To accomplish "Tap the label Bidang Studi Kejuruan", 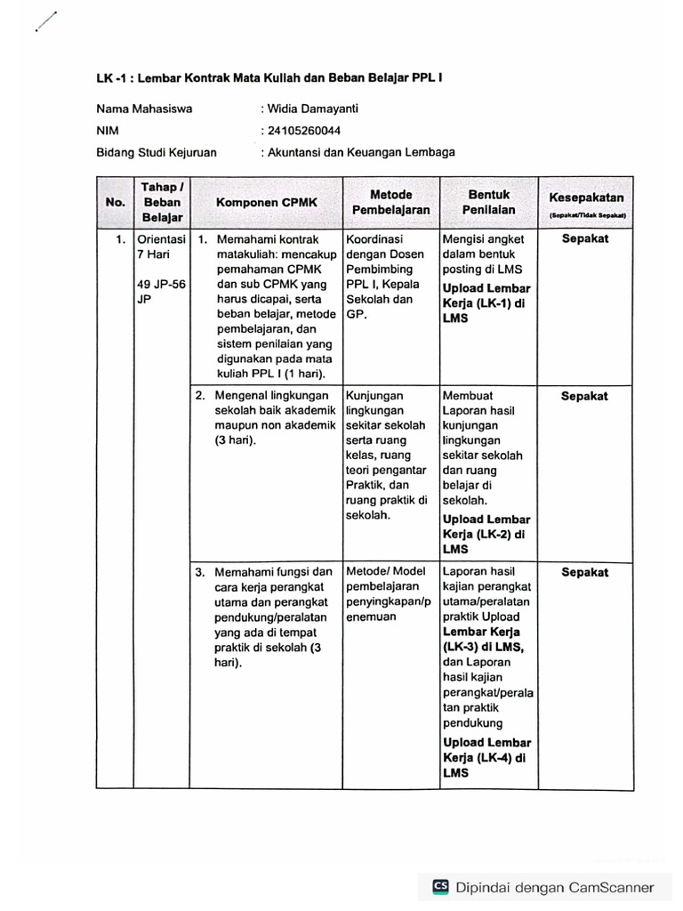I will click(x=157, y=152).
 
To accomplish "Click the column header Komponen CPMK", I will click(x=266, y=203).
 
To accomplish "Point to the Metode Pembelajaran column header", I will click(x=390, y=202).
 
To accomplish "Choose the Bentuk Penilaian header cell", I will click(x=488, y=202).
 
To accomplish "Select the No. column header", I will click(x=115, y=202).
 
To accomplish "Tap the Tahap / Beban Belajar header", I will click(x=161, y=201).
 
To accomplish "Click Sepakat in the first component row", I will click(x=585, y=239).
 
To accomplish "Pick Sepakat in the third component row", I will click(x=585, y=572).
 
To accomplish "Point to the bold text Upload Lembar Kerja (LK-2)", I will click(x=486, y=534).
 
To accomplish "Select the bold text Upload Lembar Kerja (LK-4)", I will click(x=486, y=757).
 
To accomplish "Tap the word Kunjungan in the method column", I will click(x=374, y=395).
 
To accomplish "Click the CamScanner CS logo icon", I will click(x=441, y=886).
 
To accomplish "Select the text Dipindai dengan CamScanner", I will click(x=556, y=887).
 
